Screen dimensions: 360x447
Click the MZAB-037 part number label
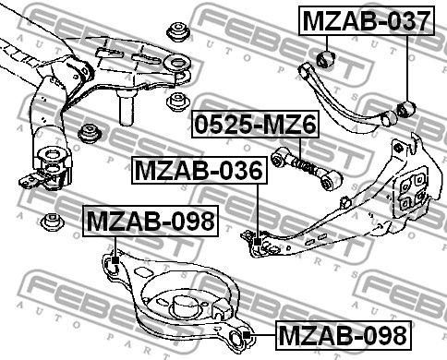pos(365,19)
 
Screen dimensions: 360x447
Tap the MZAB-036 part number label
pos(199,169)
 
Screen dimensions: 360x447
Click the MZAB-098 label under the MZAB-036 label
pos(149,222)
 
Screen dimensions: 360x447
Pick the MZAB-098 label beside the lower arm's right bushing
pos(342,334)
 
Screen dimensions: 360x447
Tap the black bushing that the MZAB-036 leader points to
pos(261,243)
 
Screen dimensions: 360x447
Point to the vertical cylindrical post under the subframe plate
pos(125,111)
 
